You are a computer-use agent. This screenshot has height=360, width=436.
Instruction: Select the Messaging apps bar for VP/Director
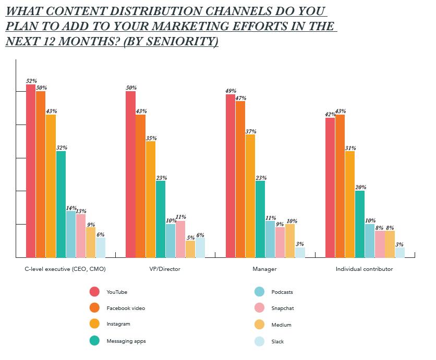pyautogui.click(x=160, y=219)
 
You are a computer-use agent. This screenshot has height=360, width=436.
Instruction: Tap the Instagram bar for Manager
pyautogui.click(x=250, y=196)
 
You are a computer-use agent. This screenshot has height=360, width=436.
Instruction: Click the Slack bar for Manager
pyautogui.click(x=300, y=252)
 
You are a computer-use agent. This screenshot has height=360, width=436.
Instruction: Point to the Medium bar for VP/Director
pyautogui.click(x=190, y=249)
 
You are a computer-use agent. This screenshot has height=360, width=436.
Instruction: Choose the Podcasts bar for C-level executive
pyautogui.click(x=70, y=234)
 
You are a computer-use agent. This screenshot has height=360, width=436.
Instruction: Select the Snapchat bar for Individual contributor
pyautogui.click(x=380, y=244)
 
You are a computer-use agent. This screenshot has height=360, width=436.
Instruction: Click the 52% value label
pyautogui.click(x=31, y=81)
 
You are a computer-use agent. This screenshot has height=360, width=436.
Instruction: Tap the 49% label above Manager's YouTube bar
pyautogui.click(x=231, y=91)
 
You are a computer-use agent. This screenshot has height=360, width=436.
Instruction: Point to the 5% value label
pyautogui.click(x=190, y=237)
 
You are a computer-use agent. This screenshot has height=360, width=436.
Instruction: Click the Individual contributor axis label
pyautogui.click(x=365, y=269)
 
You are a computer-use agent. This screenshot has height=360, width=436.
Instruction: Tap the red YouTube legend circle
pyautogui.click(x=94, y=292)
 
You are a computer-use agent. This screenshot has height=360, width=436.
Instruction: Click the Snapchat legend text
pyautogui.click(x=283, y=308)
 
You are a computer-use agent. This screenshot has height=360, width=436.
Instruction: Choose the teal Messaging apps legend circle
pyautogui.click(x=94, y=341)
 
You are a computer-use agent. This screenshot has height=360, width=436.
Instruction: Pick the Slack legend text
pyautogui.click(x=278, y=342)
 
